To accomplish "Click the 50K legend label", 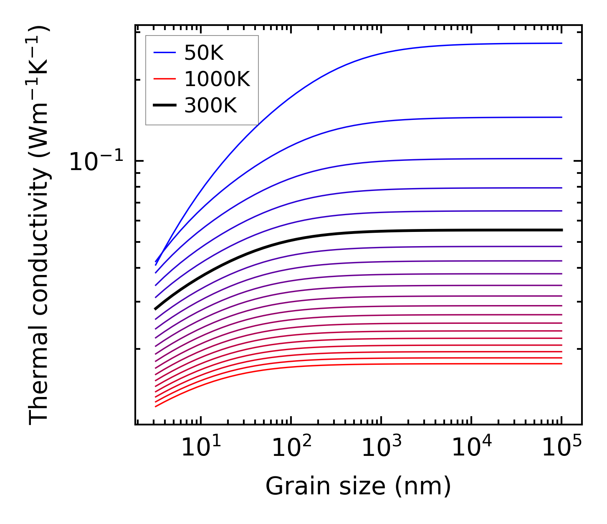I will [204, 53].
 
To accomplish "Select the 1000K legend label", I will [217, 79].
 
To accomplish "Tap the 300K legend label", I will [210, 106].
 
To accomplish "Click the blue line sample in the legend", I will [164, 53].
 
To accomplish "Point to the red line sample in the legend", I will [164, 79].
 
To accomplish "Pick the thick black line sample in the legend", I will [164, 105].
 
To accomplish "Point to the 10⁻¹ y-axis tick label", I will [96, 162].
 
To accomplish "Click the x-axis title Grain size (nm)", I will [358, 487].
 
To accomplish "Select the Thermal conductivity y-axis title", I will [39, 226].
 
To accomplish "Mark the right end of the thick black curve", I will [561, 230].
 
